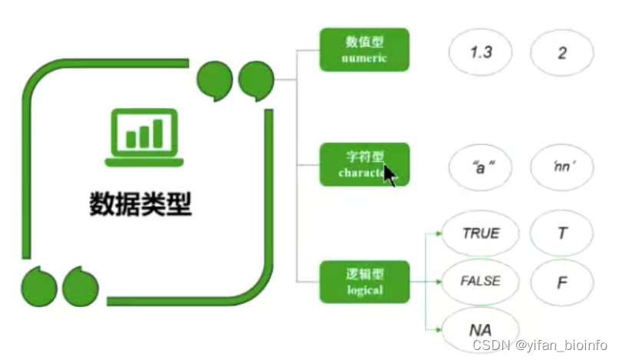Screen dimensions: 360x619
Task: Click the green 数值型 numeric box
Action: pos(364,50)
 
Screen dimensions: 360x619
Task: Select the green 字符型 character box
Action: pos(364,164)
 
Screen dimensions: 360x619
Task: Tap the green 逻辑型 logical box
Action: pos(364,282)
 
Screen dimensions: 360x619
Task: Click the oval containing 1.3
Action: pos(481,54)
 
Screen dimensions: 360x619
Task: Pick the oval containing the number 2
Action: pos(562,54)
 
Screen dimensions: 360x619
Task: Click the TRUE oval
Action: pos(481,233)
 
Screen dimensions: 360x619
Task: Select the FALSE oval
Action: pos(481,281)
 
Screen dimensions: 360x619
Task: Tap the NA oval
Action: pos(481,329)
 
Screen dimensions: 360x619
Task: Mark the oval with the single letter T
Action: pos(562,233)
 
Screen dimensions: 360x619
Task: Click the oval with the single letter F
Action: pos(562,281)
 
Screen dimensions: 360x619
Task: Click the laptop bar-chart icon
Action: pos(145,137)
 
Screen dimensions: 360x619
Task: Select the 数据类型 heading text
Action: pos(140,204)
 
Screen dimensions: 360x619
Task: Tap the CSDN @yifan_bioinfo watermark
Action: pos(540,345)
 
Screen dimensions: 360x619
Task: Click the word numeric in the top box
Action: pos(364,58)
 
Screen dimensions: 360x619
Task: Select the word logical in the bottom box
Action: pos(364,290)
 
